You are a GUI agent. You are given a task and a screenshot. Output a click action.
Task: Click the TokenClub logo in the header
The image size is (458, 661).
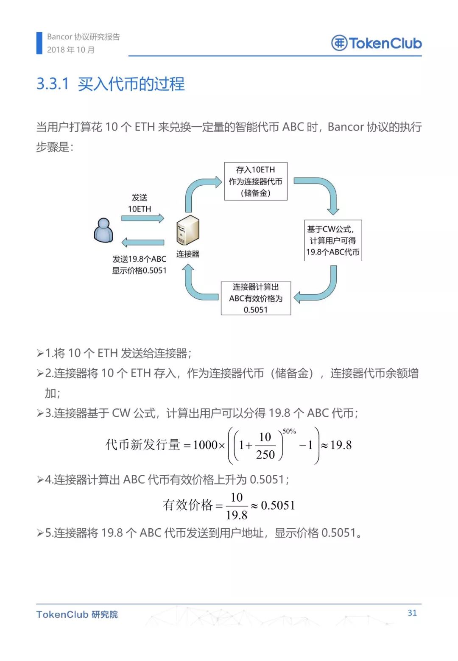coord(376,43)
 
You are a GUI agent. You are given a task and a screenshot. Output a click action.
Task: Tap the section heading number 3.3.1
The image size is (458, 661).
coord(53,84)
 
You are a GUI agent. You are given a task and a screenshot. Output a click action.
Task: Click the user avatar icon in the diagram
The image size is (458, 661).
coord(103,230)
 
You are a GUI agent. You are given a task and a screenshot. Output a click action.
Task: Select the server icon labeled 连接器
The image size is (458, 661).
coord(188,230)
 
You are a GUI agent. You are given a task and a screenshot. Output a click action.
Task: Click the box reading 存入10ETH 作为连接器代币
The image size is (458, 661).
coord(256,181)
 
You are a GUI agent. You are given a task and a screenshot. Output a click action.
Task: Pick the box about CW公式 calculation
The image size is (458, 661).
coord(333,240)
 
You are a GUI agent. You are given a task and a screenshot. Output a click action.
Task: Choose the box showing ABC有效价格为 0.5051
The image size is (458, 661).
coord(256,298)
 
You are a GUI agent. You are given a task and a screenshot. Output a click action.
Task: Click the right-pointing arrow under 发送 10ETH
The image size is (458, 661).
coord(142,218)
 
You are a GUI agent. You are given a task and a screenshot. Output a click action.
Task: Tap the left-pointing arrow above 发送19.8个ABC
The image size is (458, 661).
coord(142,242)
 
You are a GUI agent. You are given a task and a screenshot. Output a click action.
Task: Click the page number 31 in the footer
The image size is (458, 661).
coord(412,613)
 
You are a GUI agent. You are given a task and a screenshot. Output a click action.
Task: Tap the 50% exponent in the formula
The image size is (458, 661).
coord(289,431)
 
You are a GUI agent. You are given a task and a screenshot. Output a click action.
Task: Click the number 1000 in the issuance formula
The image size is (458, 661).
coord(205,445)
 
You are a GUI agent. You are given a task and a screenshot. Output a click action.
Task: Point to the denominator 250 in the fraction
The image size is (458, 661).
coord(265,455)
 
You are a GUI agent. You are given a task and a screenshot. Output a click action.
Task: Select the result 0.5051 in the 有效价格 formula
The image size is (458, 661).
coord(278,505)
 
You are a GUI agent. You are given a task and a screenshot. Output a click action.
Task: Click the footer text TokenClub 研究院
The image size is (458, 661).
coord(77,614)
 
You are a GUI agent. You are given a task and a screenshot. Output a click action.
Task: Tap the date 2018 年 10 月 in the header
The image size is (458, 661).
coord(71,50)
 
